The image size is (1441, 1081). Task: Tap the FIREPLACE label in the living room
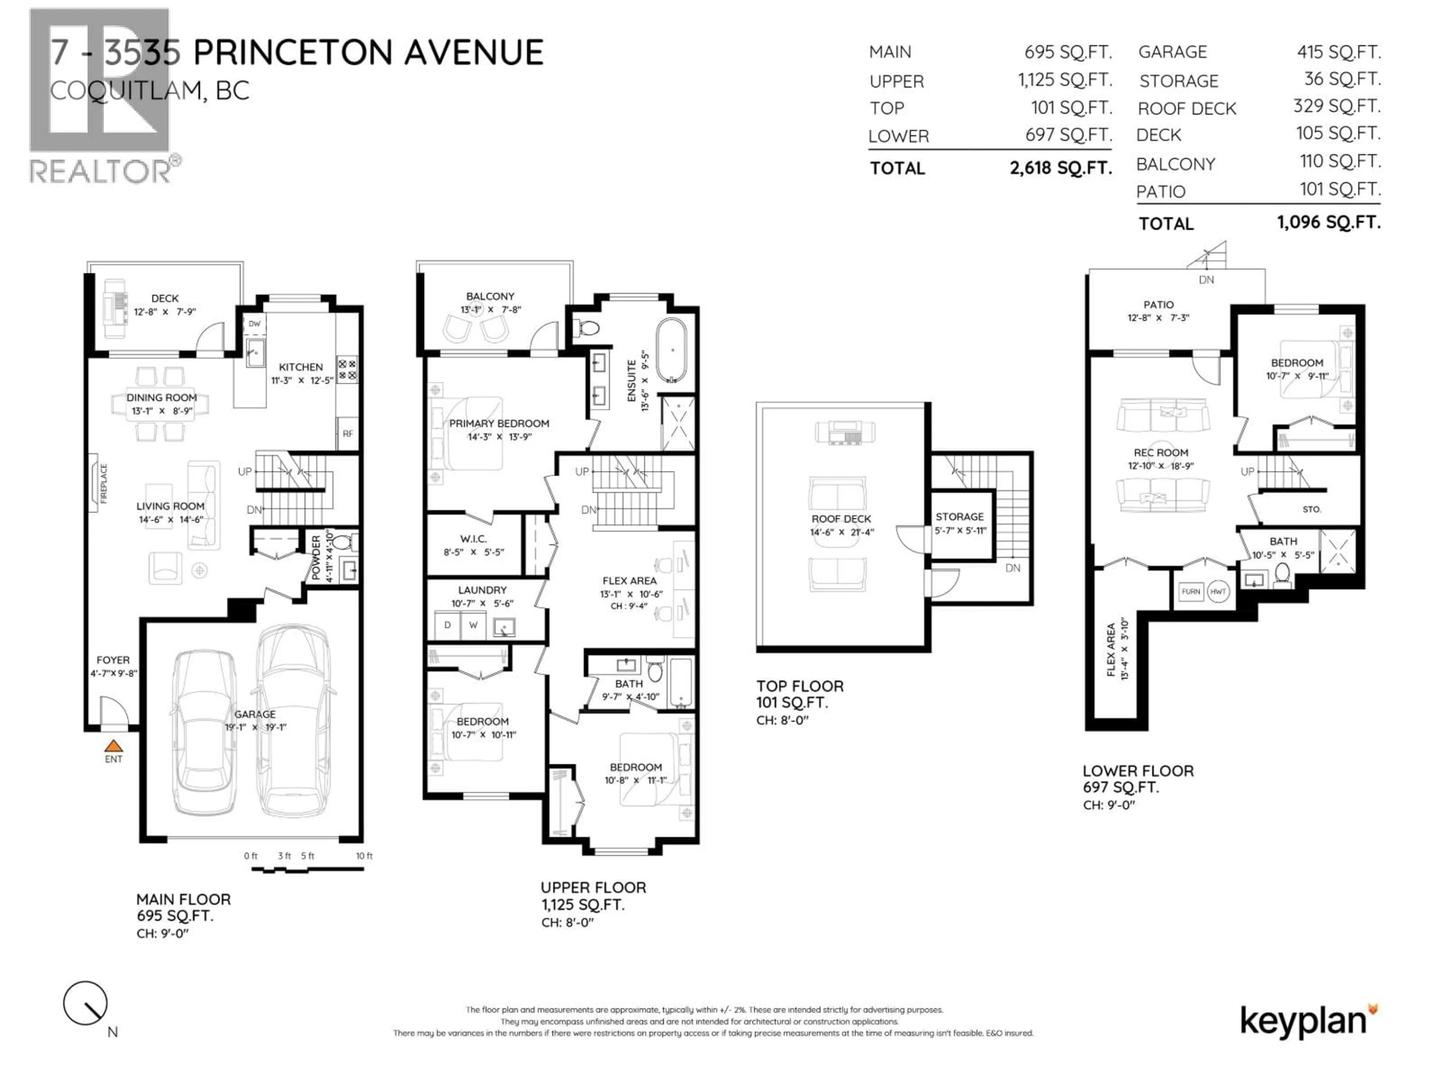coord(104,483)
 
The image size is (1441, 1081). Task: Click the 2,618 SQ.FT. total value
coord(1060,168)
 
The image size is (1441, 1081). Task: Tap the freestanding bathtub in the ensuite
coord(671,350)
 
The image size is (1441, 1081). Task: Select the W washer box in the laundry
coord(473,625)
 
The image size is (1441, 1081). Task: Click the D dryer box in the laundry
coord(448,625)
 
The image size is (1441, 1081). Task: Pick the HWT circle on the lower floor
coord(1218,592)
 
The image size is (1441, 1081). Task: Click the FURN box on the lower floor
coord(1191,592)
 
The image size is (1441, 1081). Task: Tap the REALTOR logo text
coord(101,172)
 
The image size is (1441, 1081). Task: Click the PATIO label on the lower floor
coord(1158,304)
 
